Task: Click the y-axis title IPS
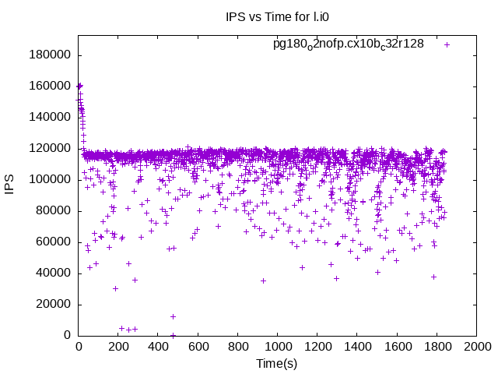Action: tap(10, 185)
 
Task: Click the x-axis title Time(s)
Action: tap(276, 364)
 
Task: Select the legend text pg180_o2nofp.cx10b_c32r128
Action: tap(349, 44)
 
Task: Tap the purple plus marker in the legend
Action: tap(447, 44)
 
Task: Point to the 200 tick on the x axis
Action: tap(117, 346)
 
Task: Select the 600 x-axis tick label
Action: tap(198, 346)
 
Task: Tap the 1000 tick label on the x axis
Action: tap(277, 346)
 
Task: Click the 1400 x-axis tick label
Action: tap(356, 346)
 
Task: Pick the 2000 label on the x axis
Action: tap(475, 346)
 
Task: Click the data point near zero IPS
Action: tap(173, 335)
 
